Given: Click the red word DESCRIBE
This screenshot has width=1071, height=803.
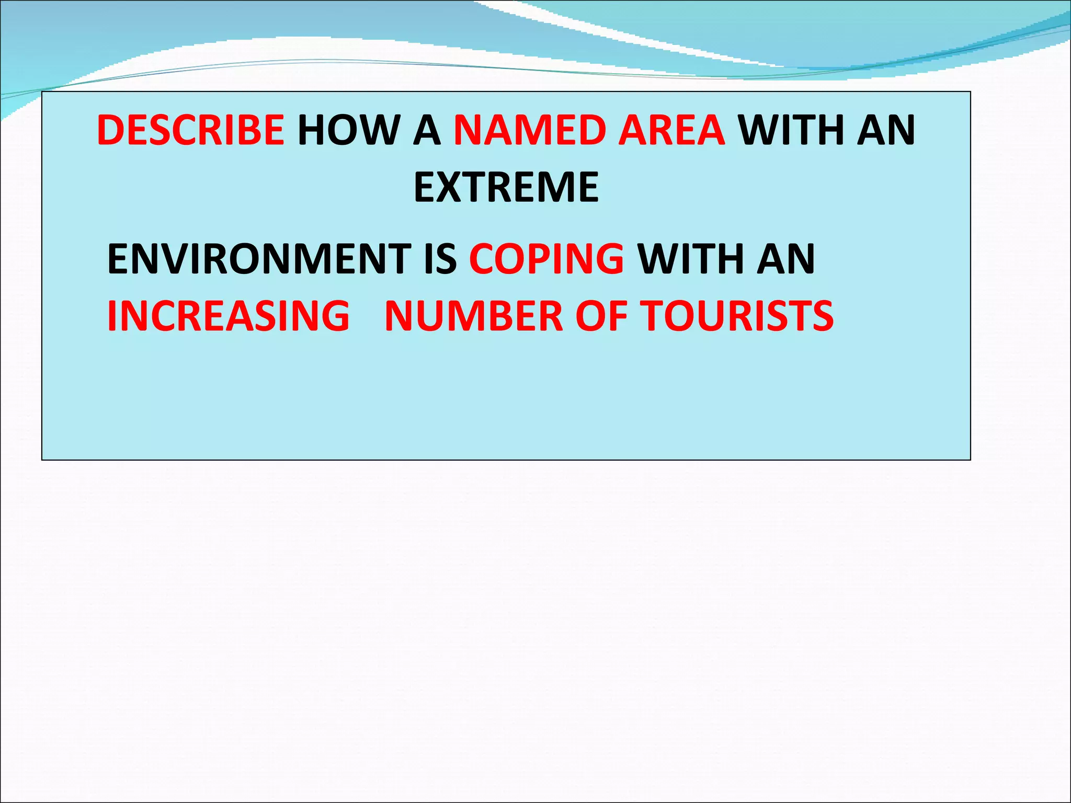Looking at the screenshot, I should pos(190,130).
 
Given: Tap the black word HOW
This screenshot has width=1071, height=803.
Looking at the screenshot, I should pos(348,130).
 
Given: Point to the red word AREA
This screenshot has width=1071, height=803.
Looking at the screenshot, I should pos(671,130).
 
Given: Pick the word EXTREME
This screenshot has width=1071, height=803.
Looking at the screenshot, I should pos(506,187).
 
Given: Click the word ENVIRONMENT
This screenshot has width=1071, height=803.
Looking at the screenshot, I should pos(259,259).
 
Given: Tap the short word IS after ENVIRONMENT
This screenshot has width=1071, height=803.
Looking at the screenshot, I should pos(440,259).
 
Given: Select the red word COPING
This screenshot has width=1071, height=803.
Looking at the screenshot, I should pos(546,259).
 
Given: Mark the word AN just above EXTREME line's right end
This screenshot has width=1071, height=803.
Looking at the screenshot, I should pos(886,130).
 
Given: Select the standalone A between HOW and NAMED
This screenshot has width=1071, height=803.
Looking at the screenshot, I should pos(427,130).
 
